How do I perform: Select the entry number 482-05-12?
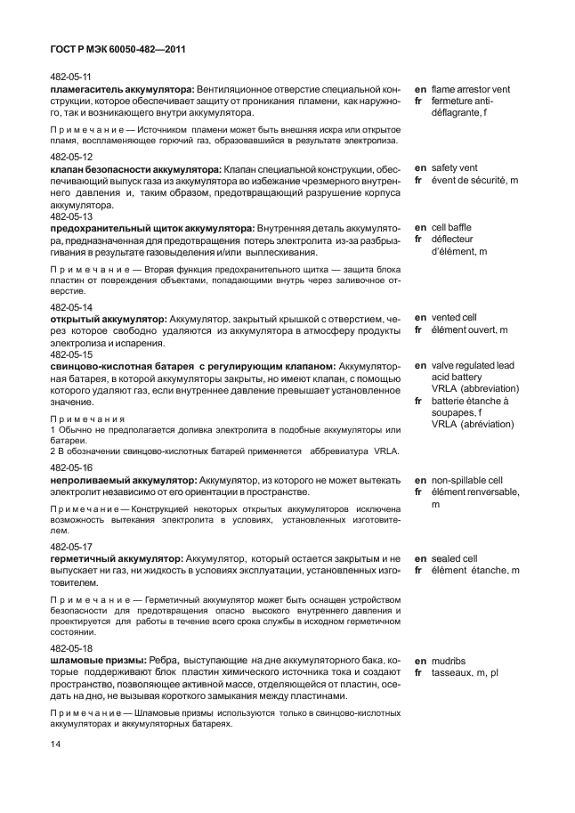71,156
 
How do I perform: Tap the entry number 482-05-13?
71,216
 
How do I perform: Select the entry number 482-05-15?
71,354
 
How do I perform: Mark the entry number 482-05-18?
71,648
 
